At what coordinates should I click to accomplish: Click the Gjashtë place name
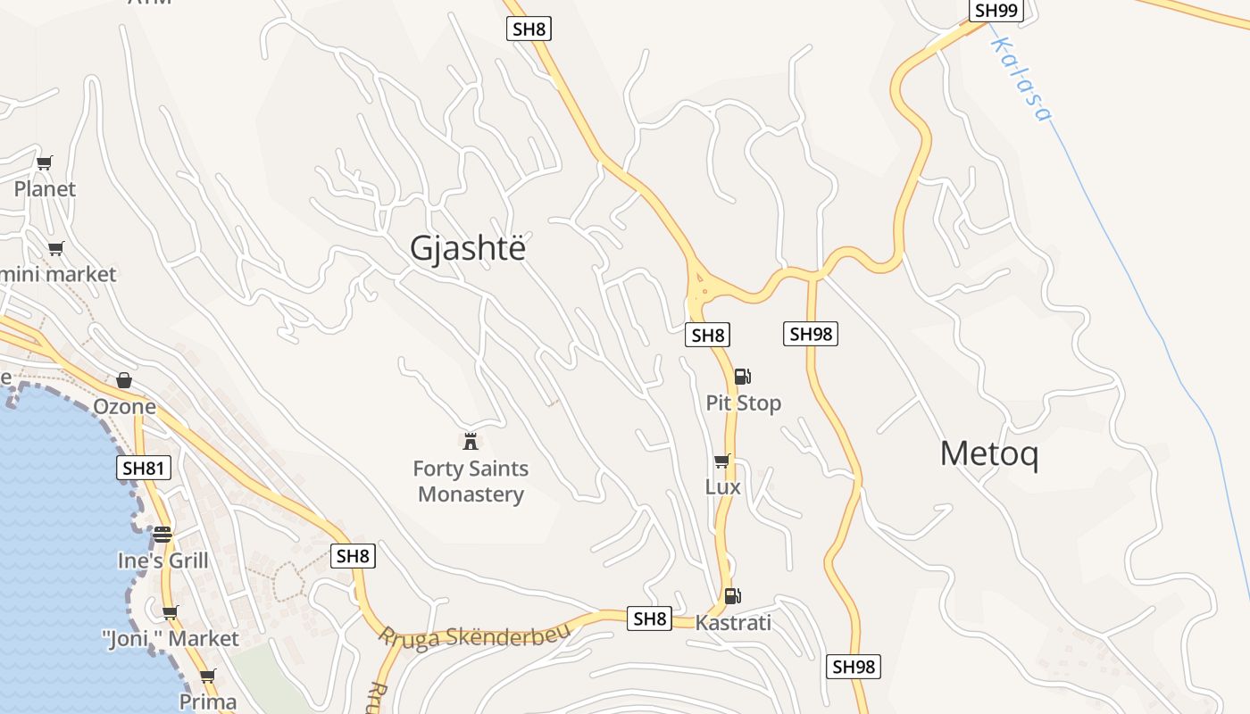tap(468, 248)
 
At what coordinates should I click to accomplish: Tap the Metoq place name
tap(989, 454)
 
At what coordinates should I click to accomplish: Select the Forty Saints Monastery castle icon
tap(471, 440)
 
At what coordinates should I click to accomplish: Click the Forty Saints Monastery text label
tap(471, 481)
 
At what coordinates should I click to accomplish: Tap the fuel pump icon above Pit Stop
tap(743, 377)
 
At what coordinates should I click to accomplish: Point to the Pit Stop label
tap(743, 403)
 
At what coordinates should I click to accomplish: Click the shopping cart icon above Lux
tap(722, 461)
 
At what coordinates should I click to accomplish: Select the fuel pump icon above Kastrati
tap(732, 595)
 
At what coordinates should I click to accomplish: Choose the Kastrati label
tap(732, 622)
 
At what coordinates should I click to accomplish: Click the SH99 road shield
tap(996, 11)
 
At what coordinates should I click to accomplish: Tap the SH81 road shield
tap(144, 468)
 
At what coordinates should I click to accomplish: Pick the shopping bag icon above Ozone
tap(124, 381)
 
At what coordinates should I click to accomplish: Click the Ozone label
tap(125, 407)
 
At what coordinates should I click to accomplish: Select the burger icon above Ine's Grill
tap(162, 535)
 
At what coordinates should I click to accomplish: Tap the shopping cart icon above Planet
tap(45, 162)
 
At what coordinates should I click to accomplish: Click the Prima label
tap(208, 702)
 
